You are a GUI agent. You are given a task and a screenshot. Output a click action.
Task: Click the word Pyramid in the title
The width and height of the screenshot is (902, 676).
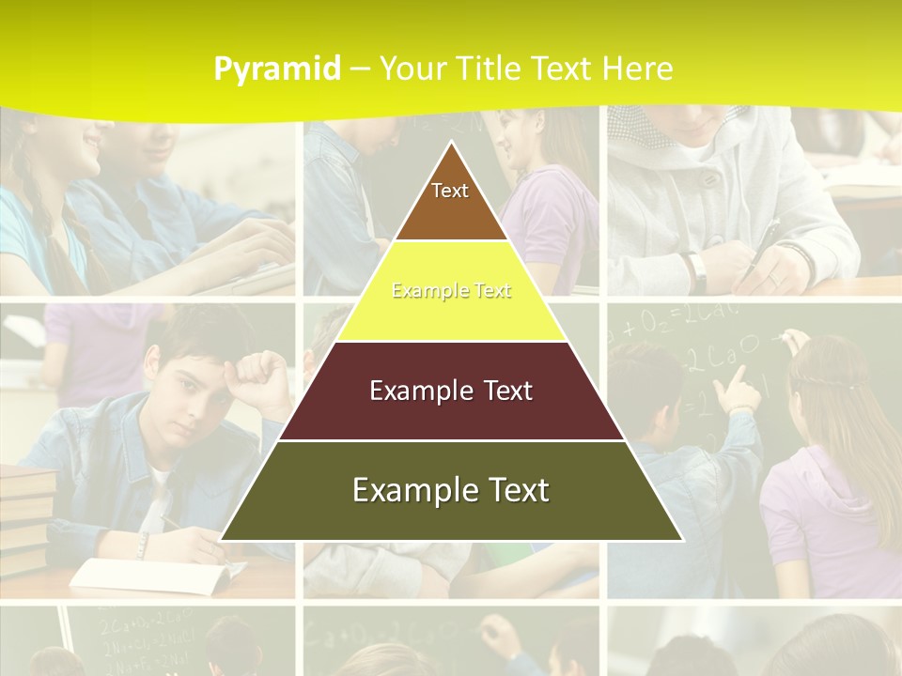276,69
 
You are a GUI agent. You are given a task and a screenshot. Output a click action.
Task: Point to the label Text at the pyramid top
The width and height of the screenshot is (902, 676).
450,191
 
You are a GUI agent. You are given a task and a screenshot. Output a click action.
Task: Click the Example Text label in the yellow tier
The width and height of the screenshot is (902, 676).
451,291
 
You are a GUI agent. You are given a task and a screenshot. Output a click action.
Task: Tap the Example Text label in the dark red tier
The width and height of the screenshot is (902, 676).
451,391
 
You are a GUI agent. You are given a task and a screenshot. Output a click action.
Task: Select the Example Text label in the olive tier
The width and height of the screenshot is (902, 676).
451,490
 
